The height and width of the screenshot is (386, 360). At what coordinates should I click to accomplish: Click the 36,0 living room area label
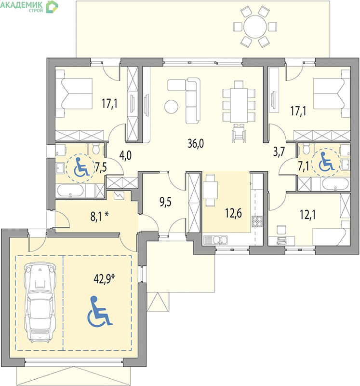pyautogui.click(x=196, y=143)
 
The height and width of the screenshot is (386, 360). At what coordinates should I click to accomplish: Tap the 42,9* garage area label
pyautogui.click(x=104, y=279)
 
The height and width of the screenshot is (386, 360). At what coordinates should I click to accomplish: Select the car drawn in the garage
pyautogui.click(x=40, y=302)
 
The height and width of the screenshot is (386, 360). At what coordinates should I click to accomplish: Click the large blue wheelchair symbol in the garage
pyautogui.click(x=100, y=311)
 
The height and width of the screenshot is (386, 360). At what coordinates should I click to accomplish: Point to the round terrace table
pyautogui.click(x=255, y=27)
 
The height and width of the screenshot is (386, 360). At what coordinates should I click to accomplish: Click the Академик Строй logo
pyautogui.click(x=29, y=6)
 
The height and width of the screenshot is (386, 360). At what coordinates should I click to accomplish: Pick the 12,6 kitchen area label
pyautogui.click(x=233, y=213)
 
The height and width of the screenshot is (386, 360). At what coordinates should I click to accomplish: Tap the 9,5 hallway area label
pyautogui.click(x=165, y=202)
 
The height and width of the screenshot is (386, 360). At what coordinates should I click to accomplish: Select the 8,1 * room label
pyautogui.click(x=100, y=217)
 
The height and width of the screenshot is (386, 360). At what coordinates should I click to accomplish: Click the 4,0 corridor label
pyautogui.click(x=125, y=155)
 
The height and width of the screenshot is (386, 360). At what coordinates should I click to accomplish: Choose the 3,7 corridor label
pyautogui.click(x=279, y=152)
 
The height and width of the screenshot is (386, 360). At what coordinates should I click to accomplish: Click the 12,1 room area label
pyautogui.click(x=308, y=215)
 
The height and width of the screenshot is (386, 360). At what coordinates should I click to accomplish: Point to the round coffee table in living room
pyautogui.click(x=171, y=107)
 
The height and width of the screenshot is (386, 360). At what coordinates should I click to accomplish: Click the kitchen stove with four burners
pyautogui.click(x=257, y=221)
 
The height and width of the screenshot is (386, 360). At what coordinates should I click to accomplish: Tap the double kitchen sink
pyautogui.click(x=215, y=240)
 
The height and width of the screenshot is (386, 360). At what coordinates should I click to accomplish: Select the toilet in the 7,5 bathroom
pyautogui.click(x=95, y=148)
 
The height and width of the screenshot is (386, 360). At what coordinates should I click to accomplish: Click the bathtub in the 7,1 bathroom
pyautogui.click(x=335, y=184)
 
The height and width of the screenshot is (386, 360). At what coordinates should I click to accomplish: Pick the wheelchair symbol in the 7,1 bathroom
pyautogui.click(x=326, y=162)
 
